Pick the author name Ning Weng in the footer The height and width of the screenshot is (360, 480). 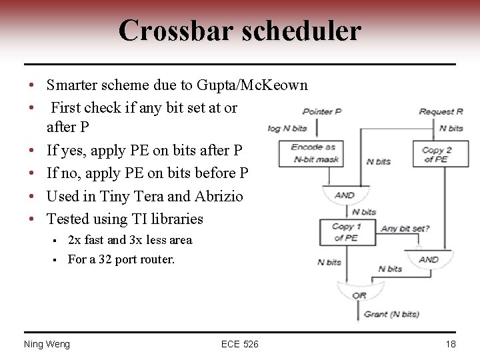(47, 344)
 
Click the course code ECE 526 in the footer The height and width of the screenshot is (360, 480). (240, 344)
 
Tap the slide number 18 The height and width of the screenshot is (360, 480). (451, 344)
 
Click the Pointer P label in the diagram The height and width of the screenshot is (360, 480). (321, 112)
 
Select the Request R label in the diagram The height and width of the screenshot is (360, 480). (441, 112)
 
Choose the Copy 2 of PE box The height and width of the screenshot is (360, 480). (437, 154)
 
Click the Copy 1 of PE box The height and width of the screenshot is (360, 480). (347, 231)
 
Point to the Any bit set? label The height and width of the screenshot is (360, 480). (405, 229)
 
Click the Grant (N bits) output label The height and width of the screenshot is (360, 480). (391, 314)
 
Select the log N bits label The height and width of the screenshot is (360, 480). (287, 128)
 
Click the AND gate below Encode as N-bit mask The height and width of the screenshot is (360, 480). (345, 195)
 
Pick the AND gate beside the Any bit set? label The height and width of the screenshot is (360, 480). (429, 259)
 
